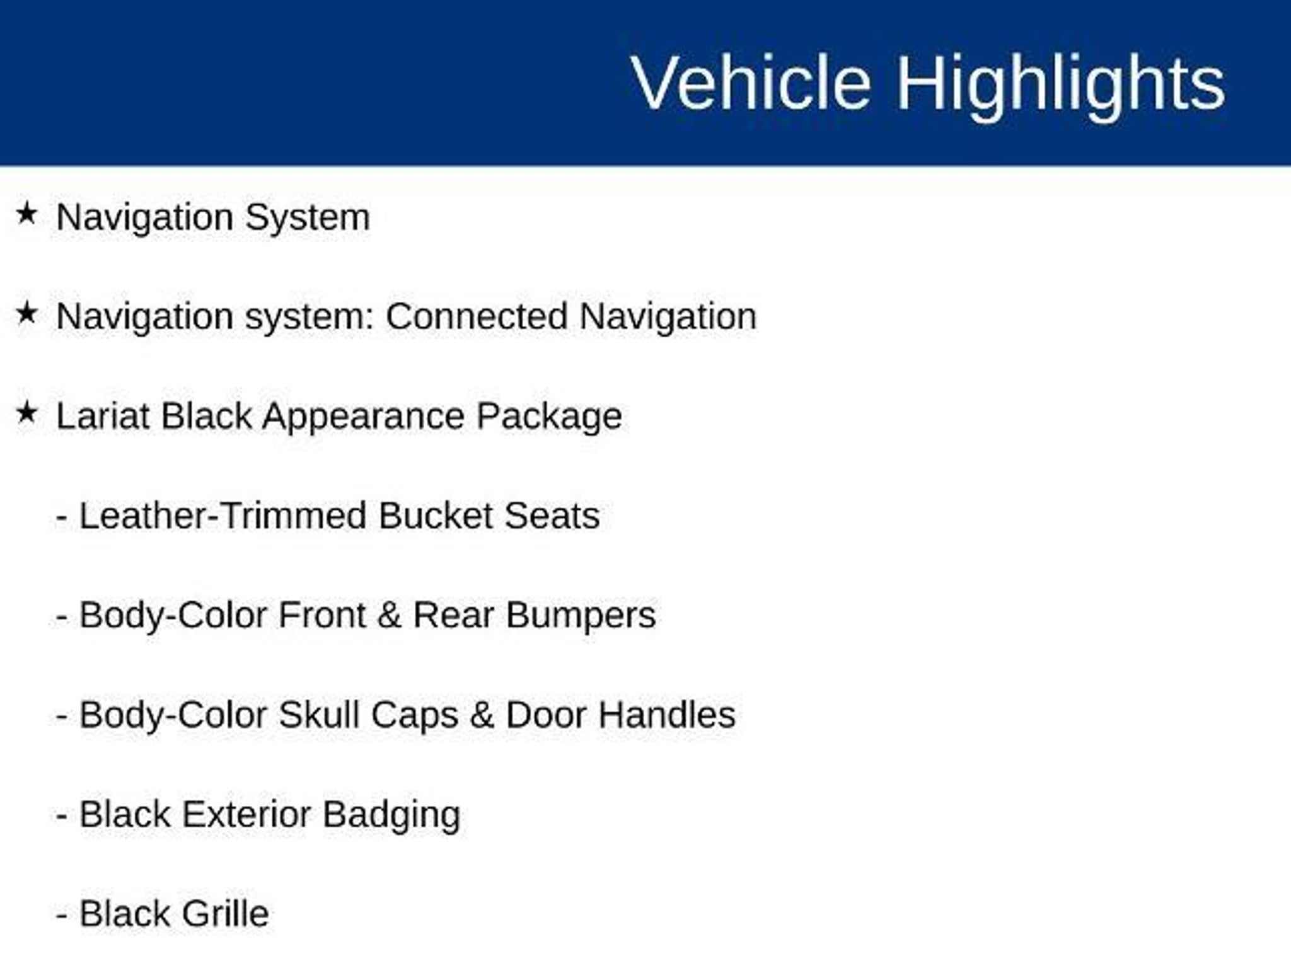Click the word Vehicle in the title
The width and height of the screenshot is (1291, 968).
click(x=751, y=83)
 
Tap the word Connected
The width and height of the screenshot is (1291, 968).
click(x=477, y=316)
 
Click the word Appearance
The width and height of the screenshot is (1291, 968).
click(x=363, y=417)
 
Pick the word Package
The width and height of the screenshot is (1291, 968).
click(x=549, y=417)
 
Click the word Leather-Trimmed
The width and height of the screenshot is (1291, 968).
click(x=223, y=516)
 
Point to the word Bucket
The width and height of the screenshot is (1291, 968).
click(x=436, y=516)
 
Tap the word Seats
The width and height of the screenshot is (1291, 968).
click(x=552, y=516)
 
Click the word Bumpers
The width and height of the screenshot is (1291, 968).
click(x=581, y=616)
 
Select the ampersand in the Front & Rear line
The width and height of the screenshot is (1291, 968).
click(x=389, y=615)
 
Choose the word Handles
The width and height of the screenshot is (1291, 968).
click(x=667, y=715)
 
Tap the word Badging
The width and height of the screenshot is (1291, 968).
click(x=391, y=815)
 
